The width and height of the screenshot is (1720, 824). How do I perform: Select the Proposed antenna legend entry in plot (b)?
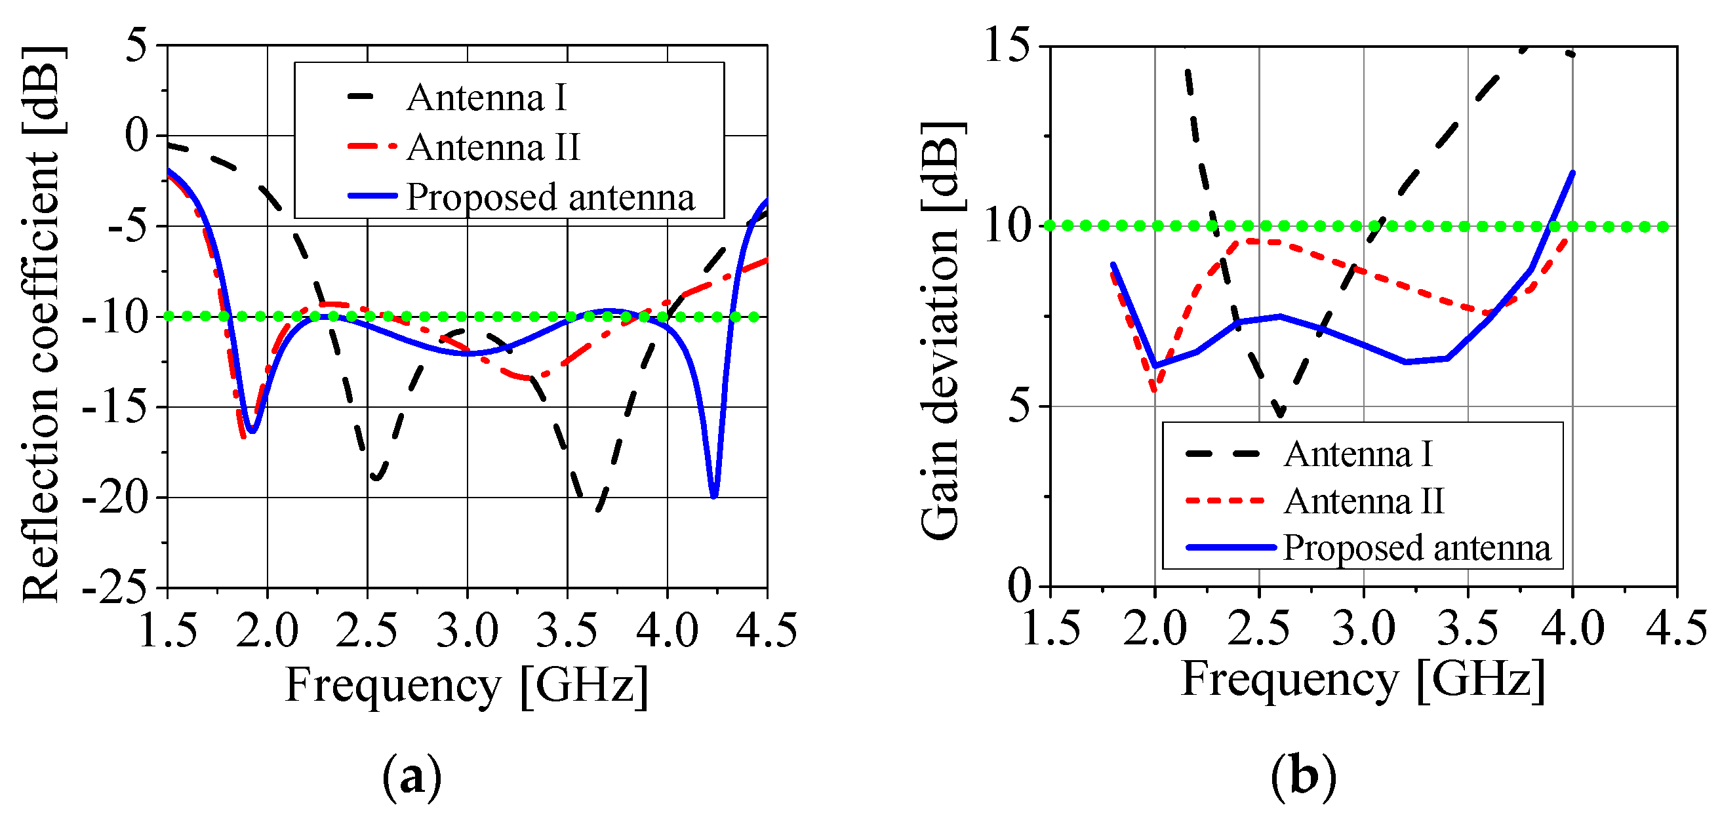pos(1416,547)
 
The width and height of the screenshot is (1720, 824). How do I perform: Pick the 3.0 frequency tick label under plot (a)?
pos(467,630)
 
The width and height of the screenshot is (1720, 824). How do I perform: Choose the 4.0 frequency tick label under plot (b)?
pos(1572,628)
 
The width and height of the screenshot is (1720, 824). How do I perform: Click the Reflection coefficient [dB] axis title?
pos(41,324)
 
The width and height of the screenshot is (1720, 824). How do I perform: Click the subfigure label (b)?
pos(1303,777)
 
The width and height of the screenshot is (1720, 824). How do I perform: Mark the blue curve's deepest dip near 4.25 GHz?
pos(714,496)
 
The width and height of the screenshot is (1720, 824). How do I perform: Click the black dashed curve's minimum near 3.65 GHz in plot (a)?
pos(597,509)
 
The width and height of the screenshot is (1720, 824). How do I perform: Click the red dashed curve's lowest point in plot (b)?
pos(1155,390)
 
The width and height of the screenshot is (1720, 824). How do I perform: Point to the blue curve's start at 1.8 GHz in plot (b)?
pos(1112,264)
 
